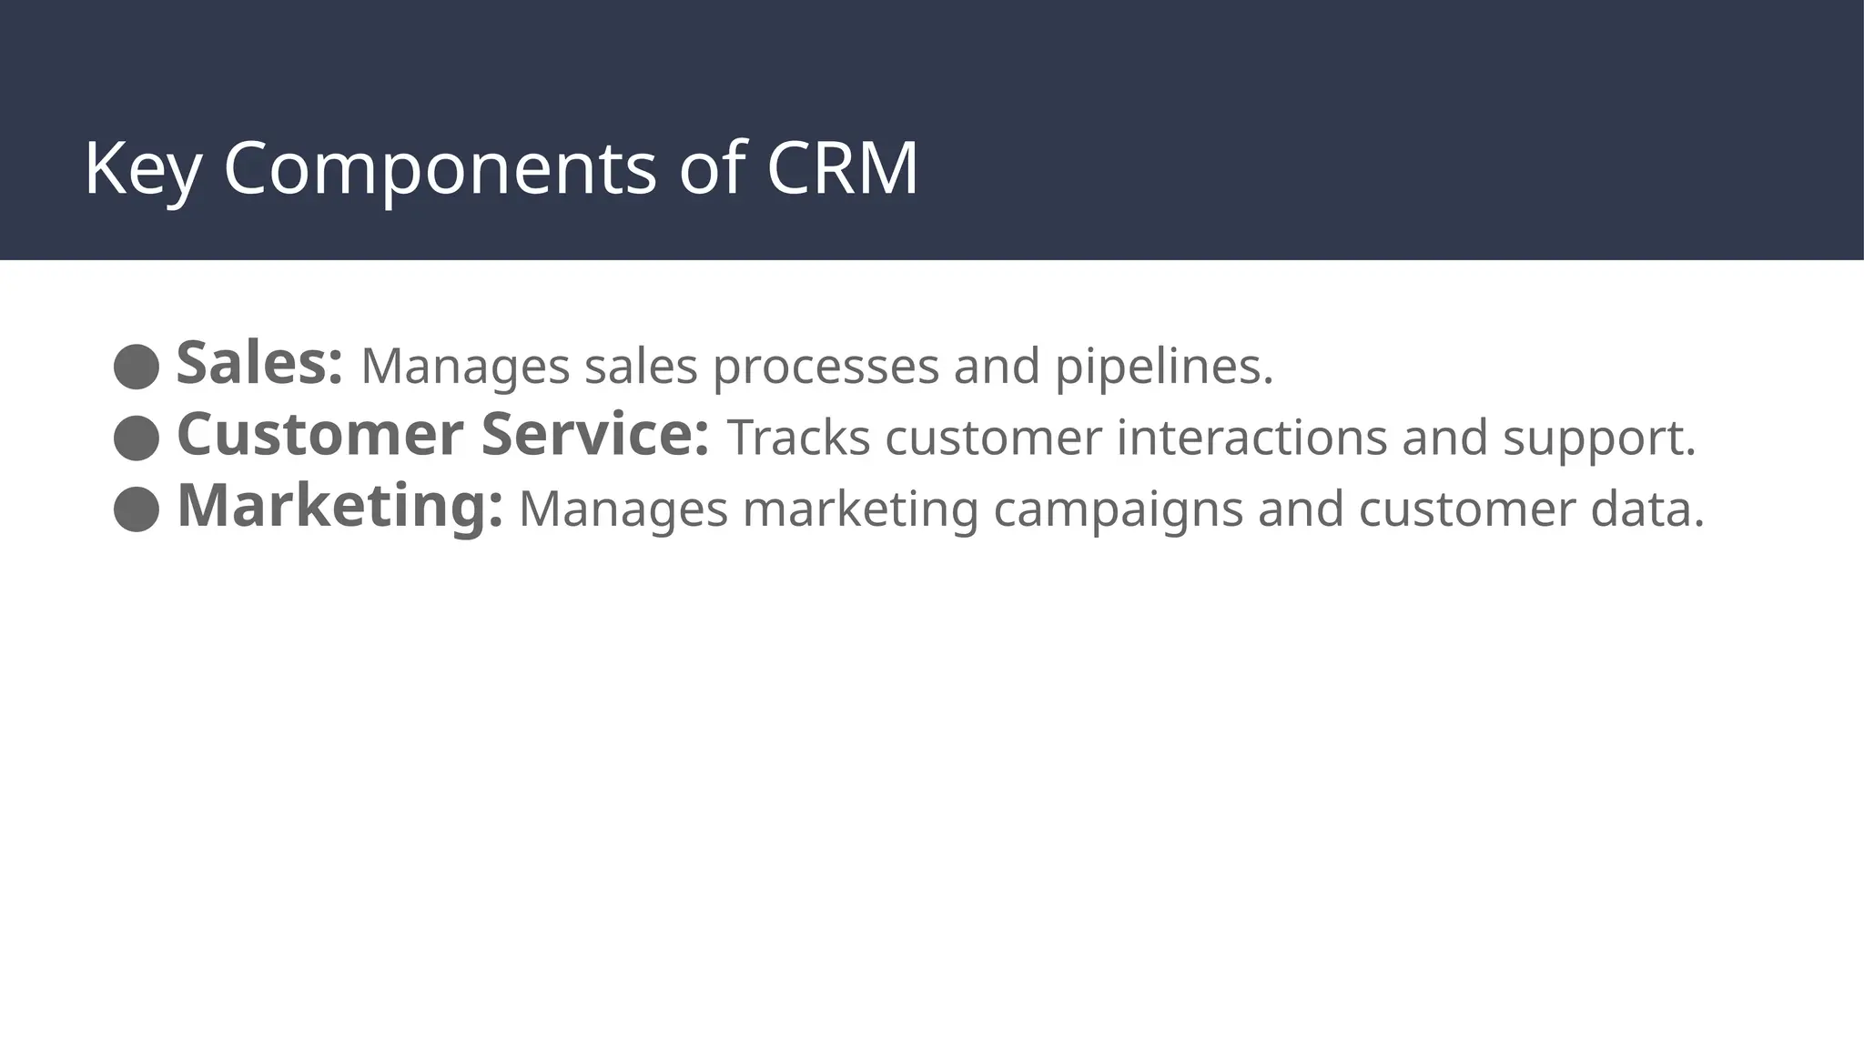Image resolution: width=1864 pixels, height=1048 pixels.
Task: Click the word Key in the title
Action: point(142,169)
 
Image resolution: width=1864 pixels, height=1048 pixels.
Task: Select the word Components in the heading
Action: point(440,169)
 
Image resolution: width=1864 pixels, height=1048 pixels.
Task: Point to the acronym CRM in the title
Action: point(842,169)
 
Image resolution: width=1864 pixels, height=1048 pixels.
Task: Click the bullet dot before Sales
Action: point(137,367)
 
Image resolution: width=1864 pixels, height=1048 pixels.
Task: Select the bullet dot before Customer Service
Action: point(137,438)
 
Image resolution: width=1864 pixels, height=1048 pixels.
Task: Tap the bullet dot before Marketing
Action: point(137,509)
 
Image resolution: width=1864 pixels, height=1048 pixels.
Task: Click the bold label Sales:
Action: point(259,364)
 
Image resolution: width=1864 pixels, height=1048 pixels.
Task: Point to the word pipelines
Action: point(1163,368)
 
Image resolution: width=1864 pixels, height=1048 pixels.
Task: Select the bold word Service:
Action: point(595,435)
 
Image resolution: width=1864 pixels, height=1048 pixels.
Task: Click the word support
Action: point(1598,438)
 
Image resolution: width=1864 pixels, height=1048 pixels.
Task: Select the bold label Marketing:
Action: point(339,507)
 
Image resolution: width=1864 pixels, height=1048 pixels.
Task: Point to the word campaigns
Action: point(1118,509)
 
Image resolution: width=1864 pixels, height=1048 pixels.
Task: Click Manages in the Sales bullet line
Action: point(465,368)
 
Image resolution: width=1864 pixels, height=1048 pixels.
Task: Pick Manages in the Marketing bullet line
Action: point(623,509)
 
